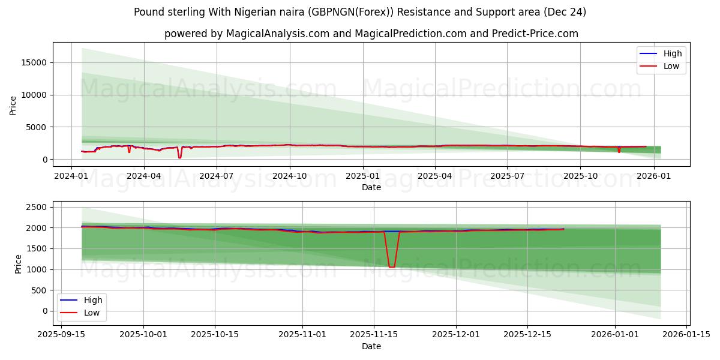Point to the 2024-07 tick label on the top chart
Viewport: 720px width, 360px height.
pos(216,176)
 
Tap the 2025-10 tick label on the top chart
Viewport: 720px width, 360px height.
pos(580,176)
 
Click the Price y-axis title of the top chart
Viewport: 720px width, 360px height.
pos(13,104)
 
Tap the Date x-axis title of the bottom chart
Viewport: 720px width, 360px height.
pos(371,346)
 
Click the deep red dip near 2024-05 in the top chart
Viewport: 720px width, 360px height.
pos(179,157)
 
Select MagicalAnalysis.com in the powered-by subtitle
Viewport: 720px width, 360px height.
pos(277,34)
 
